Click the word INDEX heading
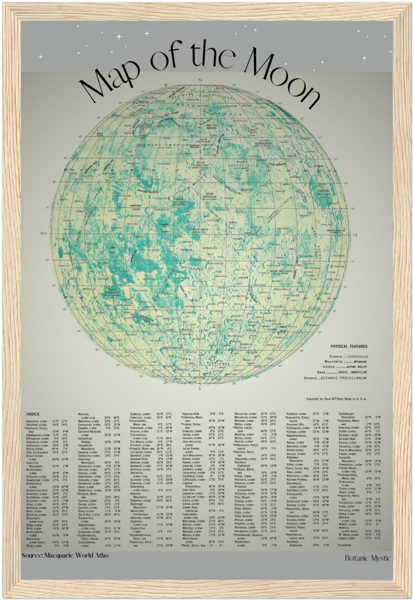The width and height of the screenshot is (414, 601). (x=33, y=414)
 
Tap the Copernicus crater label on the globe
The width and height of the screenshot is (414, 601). (x=162, y=210)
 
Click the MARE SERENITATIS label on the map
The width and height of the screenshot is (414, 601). (x=243, y=164)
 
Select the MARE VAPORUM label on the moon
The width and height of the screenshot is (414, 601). (x=210, y=195)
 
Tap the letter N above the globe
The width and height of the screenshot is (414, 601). (x=200, y=80)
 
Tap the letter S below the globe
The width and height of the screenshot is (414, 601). (x=200, y=388)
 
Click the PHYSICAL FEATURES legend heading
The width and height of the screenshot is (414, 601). (x=349, y=346)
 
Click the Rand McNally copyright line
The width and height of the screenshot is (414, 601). (x=336, y=399)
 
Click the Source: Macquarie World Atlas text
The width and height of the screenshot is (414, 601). (x=65, y=555)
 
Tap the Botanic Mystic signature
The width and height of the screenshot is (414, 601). (x=367, y=558)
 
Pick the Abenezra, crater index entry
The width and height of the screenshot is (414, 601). (x=37, y=422)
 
